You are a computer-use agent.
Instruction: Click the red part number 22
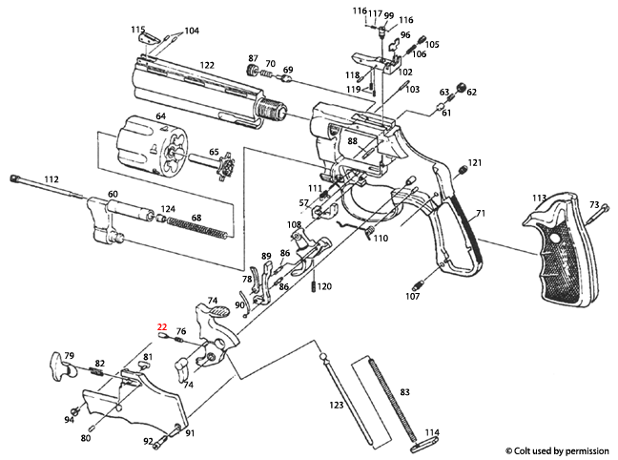point(162,326)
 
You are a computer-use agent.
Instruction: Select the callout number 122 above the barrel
point(206,65)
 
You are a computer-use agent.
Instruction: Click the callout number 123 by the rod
point(337,406)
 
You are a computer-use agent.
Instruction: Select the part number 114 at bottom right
point(432,431)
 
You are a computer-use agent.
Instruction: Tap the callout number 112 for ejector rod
point(51,178)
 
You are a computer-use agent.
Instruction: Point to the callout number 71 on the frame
point(481,213)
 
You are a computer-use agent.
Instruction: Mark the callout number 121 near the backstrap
point(474,163)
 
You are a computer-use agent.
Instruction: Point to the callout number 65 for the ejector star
point(214,151)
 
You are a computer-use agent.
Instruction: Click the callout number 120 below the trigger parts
point(324,286)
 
